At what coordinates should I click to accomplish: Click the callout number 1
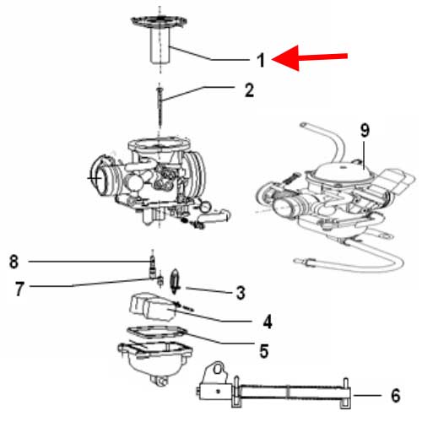click(262, 60)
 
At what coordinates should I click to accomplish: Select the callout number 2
click(249, 89)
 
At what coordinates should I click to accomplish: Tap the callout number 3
click(241, 293)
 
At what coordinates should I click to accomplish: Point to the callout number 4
click(267, 321)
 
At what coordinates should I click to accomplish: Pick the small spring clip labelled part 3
click(175, 276)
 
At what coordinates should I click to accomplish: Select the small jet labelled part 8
click(152, 265)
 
